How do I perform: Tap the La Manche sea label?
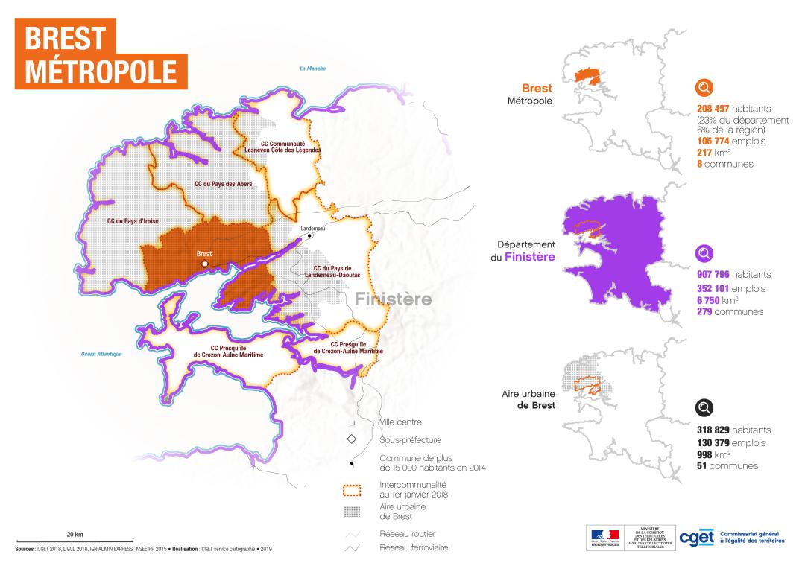coord(314,69)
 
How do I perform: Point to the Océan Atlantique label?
coord(101,354)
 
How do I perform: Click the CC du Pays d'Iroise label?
coord(133,221)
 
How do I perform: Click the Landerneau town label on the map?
coord(314,228)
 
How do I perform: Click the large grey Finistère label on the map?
coord(393,299)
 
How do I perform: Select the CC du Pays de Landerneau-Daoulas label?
coord(332,271)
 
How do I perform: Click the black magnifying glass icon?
coord(704,407)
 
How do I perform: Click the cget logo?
coord(696,537)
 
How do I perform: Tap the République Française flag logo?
coord(604,537)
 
